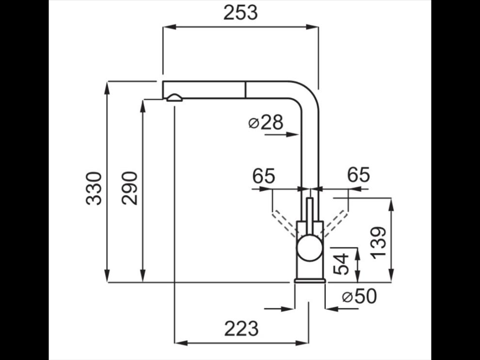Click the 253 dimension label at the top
point(240,13)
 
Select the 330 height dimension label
point(94,188)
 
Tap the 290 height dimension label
point(129,188)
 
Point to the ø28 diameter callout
point(266,123)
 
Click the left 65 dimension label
point(264,176)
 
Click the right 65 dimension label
point(358,175)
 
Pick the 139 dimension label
point(380,243)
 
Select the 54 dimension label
point(341,264)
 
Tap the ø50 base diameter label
point(359,296)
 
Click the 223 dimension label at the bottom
point(241,328)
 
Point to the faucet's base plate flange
point(309,280)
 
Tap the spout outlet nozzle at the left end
point(174,98)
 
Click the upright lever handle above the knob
point(310,216)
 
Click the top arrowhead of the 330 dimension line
point(107,88)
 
